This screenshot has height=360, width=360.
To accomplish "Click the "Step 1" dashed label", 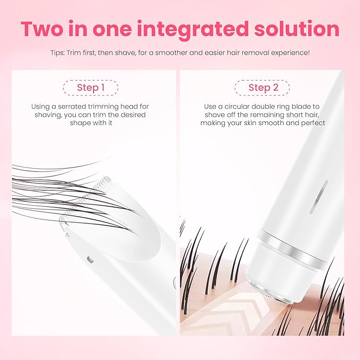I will point(90,87).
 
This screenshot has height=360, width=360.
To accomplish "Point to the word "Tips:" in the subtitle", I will point(61,53).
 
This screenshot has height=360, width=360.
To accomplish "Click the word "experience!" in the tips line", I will point(290,53).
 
